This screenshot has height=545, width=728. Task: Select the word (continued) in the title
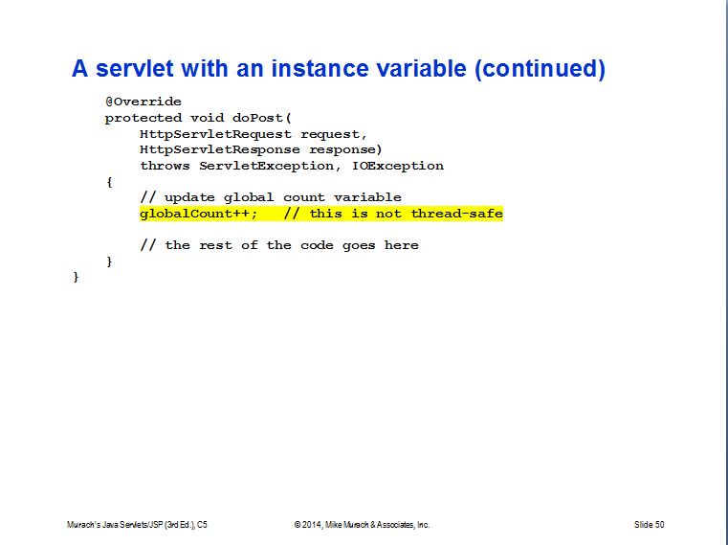(540, 70)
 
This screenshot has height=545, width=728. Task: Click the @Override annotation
(143, 102)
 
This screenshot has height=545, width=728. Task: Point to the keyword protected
(143, 118)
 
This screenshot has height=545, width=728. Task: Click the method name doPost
(257, 118)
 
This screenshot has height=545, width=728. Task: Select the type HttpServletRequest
(215, 134)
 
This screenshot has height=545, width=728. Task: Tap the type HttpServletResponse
(220, 149)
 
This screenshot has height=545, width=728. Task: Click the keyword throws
(165, 166)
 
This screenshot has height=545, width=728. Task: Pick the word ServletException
(266, 166)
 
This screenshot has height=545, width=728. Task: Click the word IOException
(398, 166)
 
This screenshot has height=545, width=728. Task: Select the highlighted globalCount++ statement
(198, 214)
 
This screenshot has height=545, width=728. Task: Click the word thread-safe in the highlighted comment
(457, 214)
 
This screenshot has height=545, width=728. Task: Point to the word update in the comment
(189, 197)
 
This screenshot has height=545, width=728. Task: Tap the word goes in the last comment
(359, 245)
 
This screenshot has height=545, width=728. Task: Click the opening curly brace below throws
(109, 182)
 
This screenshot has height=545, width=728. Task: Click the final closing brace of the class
(76, 277)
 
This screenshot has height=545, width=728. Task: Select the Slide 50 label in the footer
(649, 525)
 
